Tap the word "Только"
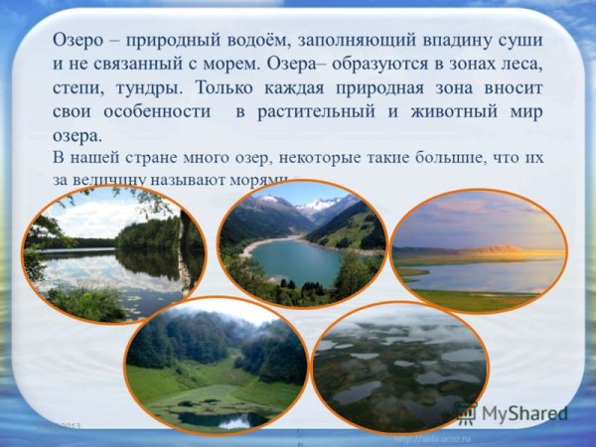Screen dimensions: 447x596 (246, 88)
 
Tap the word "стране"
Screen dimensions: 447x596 (169, 158)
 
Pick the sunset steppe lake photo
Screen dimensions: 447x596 (478, 251)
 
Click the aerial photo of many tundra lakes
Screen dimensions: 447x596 (399, 366)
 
